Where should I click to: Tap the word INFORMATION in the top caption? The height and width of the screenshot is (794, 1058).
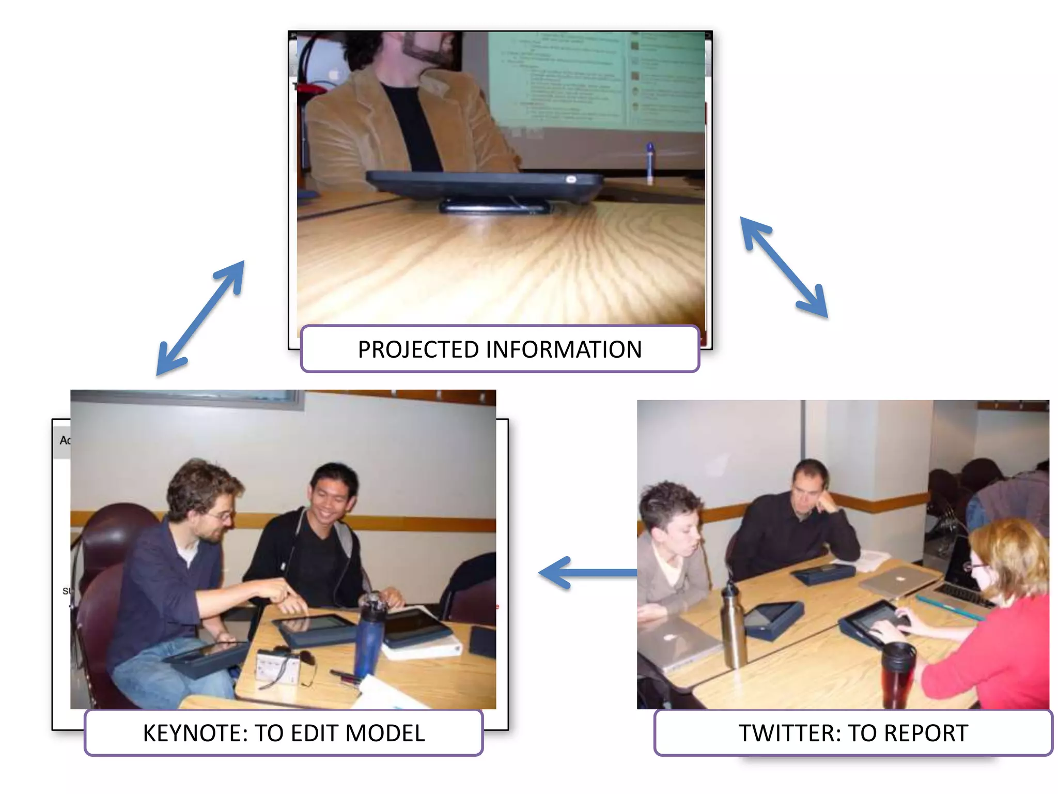pyautogui.click(x=564, y=349)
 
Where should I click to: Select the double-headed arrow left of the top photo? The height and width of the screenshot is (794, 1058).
pyautogui.click(x=200, y=317)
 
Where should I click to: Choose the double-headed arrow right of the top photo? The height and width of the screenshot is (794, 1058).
pyautogui.click(x=784, y=267)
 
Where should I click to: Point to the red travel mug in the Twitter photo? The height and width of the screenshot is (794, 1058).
pyautogui.click(x=898, y=675)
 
